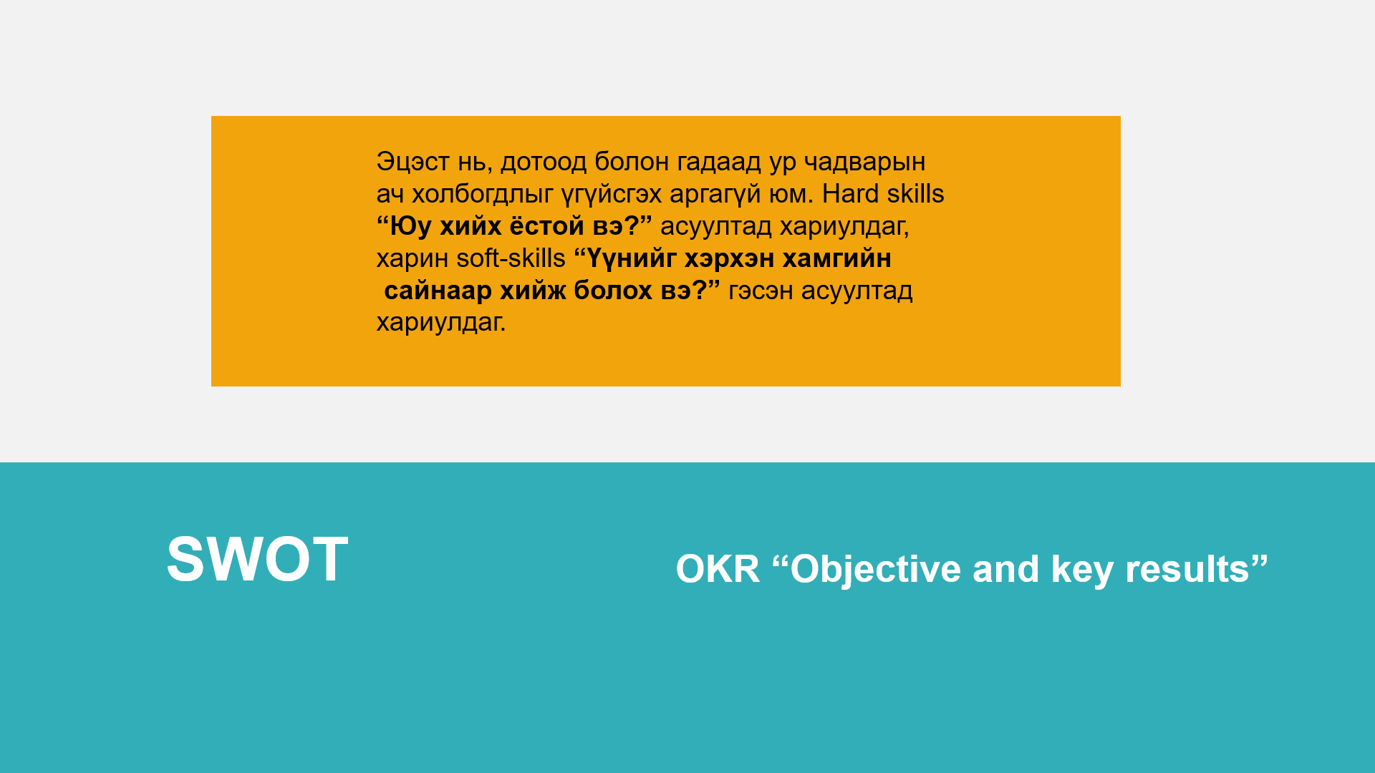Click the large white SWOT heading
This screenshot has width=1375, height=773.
pyautogui.click(x=257, y=559)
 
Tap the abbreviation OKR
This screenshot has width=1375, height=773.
pyautogui.click(x=718, y=569)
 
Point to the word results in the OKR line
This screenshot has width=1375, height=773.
pyautogui.click(x=1187, y=569)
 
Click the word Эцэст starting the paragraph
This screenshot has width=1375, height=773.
pyautogui.click(x=412, y=162)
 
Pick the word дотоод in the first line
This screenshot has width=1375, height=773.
pyautogui.click(x=543, y=162)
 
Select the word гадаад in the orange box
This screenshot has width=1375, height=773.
pyautogui.click(x=719, y=162)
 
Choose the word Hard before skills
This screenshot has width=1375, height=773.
pyautogui.click(x=851, y=194)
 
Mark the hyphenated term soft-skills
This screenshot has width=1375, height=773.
pyautogui.click(x=511, y=258)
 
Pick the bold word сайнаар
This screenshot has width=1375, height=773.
pyautogui.click(x=438, y=291)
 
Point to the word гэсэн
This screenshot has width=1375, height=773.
pyautogui.click(x=761, y=291)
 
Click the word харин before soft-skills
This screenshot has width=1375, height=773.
pyautogui.click(x=412, y=259)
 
